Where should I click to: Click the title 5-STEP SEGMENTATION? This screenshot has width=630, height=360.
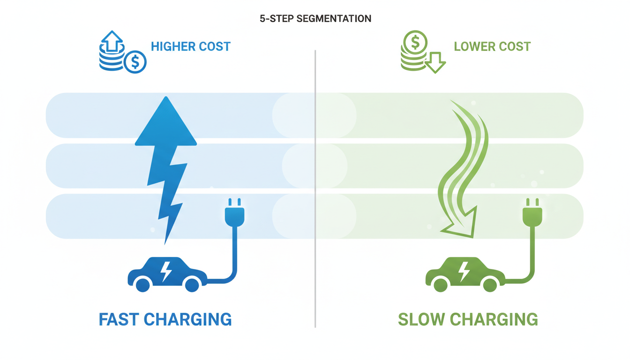coord(315,19)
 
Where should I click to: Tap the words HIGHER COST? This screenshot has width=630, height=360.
coord(190,47)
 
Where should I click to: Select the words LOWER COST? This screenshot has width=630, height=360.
coord(492,47)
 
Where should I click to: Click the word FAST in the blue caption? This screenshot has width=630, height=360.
coord(118,319)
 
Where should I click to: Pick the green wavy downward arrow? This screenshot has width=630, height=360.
coord(462,169)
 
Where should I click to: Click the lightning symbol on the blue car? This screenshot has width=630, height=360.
coord(165,270)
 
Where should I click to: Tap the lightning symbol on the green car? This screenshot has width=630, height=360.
coord(464,270)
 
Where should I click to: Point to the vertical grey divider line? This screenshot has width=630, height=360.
coord(315,187)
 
